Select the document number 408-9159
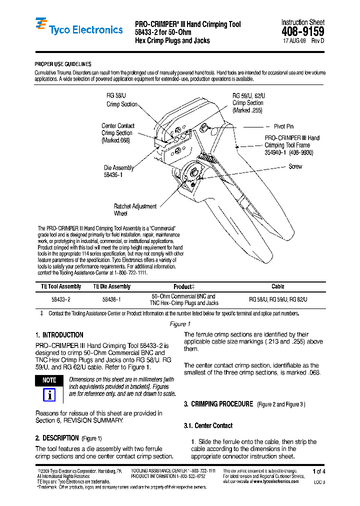pos(302,32)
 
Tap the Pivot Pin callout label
pos(283,126)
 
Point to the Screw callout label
pos(295,166)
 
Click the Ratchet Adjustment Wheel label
pos(135,209)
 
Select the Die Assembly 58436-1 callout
pos(118,171)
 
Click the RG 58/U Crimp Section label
pos(121,100)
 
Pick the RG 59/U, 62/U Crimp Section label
pos(248,102)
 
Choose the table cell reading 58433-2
pos(61,299)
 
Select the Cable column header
pos(277,286)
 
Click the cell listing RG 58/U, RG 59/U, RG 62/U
pos(278,299)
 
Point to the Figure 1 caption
pos(179,324)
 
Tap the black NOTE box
pos(49,380)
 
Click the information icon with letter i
pos(49,395)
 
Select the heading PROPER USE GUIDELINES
pos(62,64)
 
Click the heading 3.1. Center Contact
pos(208,425)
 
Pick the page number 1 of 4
pos(318,471)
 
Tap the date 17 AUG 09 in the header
pos(295,41)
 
